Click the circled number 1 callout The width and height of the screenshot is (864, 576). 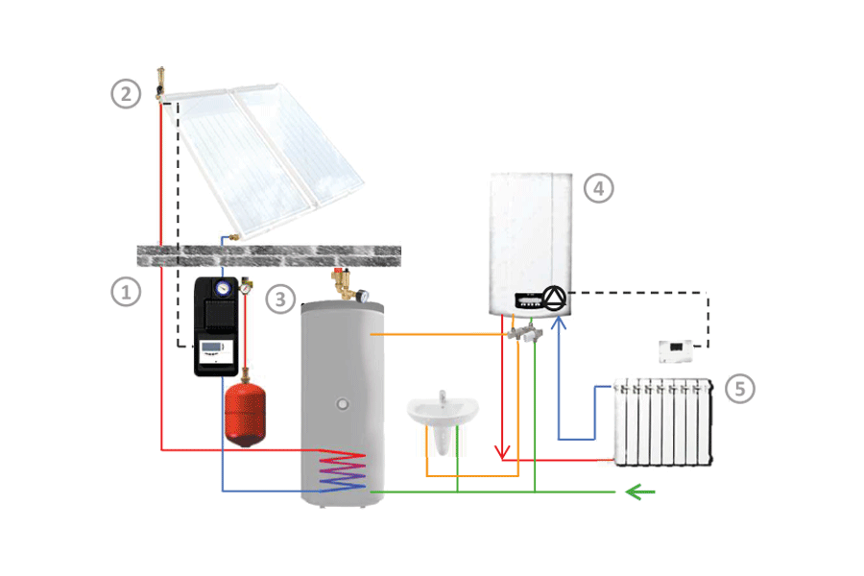125,291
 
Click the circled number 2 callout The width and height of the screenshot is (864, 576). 126,94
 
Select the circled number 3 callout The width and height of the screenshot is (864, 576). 280,299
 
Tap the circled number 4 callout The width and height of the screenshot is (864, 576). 598,188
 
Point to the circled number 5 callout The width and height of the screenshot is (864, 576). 739,388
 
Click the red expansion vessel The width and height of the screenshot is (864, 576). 245,414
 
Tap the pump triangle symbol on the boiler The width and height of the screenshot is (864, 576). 555,299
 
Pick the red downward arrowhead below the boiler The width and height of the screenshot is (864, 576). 501,451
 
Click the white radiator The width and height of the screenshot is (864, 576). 662,422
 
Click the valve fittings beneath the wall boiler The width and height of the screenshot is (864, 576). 527,333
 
